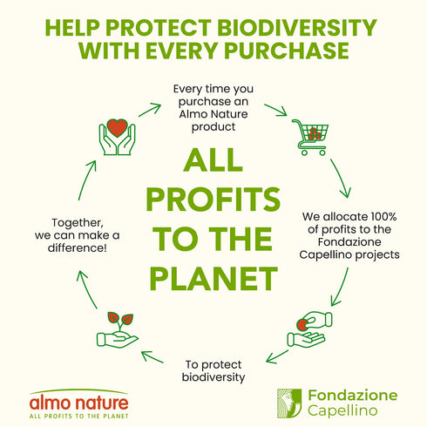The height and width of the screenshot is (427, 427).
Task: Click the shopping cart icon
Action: click(311, 137)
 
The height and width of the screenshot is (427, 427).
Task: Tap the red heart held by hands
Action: click(117, 127)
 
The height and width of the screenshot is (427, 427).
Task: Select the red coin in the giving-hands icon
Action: click(302, 325)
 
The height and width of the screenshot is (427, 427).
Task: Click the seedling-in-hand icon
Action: click(117, 330)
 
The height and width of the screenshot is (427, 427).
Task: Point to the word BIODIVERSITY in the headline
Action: click(296, 28)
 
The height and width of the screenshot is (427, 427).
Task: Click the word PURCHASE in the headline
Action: click(287, 51)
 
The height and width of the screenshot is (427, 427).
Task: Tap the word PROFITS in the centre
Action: click(213, 199)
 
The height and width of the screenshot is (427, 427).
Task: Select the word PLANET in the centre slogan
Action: click(213, 278)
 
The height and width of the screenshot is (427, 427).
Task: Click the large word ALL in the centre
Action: click(213, 159)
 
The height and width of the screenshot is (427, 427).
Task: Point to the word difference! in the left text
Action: click(78, 248)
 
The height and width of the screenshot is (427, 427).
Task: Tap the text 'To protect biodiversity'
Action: click(213, 371)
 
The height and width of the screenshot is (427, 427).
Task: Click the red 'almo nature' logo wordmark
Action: click(79, 403)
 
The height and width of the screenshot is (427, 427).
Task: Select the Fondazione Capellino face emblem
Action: click(289, 403)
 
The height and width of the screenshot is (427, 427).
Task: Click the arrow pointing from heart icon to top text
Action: click(150, 110)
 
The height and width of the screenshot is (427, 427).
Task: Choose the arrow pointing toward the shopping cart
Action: click(275, 110)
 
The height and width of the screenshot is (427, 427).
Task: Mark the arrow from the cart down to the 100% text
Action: click(340, 178)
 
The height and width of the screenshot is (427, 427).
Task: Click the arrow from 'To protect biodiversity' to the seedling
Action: click(152, 357)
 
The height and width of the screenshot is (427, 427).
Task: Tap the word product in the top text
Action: click(213, 127)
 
